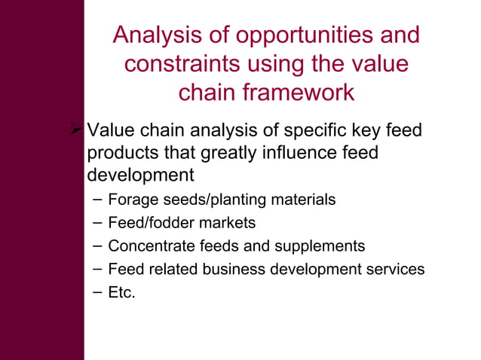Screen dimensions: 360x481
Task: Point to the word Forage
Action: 131,200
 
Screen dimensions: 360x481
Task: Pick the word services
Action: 394,269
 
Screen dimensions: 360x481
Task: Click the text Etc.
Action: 122,292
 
